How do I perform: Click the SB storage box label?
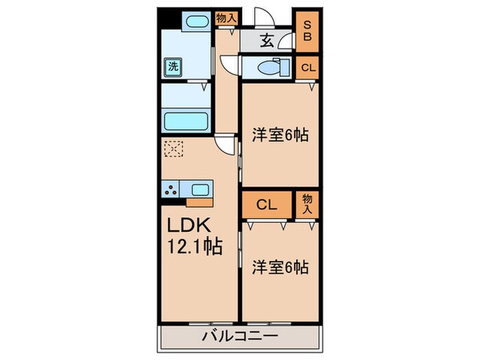308,30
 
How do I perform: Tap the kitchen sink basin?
201,189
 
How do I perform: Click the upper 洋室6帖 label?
280,136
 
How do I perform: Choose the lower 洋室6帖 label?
280,267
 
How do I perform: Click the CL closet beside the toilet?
308,67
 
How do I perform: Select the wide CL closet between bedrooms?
267,204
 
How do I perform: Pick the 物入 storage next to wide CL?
307,204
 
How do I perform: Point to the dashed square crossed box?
173,148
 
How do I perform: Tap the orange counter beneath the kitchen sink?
200,202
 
